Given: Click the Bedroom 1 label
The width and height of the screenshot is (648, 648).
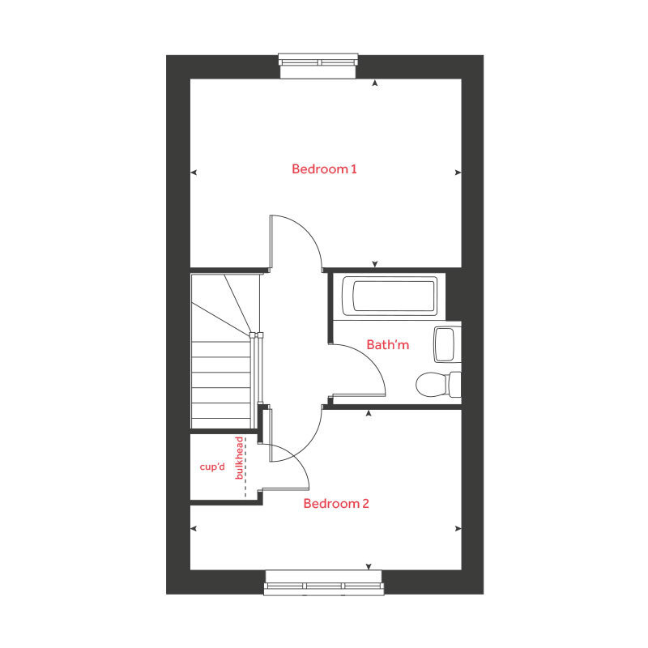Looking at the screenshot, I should point(324,169).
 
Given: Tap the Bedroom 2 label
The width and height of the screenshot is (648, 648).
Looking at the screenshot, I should point(336,504).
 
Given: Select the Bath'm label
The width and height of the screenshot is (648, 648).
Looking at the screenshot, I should point(388,345).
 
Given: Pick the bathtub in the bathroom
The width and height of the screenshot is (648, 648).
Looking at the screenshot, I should point(390,296).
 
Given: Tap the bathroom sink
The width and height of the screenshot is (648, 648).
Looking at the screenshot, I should point(446,344).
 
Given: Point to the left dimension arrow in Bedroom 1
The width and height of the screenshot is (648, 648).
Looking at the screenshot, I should point(194,172).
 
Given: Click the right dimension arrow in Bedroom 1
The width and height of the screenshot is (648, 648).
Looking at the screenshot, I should point(458,172).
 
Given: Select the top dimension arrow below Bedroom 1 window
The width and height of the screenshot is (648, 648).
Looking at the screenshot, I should point(374,83).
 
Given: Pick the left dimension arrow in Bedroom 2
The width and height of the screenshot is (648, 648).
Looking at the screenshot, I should point(194,528).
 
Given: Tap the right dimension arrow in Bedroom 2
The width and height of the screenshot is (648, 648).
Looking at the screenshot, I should point(458,528).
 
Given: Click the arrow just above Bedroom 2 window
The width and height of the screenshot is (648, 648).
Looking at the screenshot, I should point(369,566).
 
